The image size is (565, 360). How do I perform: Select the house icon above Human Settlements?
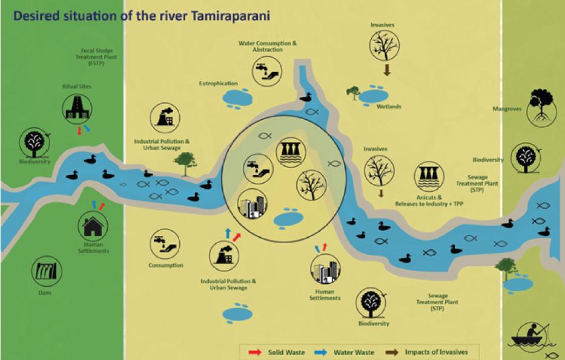[x=93, y=226]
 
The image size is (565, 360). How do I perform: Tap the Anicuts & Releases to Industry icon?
[x=429, y=176]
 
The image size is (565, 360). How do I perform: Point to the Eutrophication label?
[x=218, y=83]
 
